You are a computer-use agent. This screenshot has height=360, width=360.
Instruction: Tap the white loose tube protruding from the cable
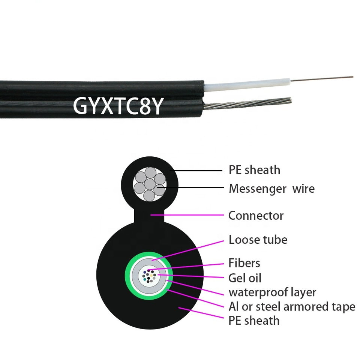click(247, 85)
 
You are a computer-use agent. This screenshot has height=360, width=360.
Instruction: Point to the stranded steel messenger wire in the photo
click(247, 104)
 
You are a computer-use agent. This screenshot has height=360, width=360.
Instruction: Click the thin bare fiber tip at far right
click(322, 78)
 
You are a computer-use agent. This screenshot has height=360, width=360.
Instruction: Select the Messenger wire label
click(271, 189)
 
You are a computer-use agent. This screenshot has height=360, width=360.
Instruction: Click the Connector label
click(256, 216)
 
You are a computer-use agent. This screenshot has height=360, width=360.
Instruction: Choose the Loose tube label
click(258, 240)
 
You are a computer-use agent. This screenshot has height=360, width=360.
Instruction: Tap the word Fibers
click(244, 263)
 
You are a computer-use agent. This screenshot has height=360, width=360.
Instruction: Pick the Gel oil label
click(245, 278)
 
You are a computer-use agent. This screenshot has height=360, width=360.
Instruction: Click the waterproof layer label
click(272, 292)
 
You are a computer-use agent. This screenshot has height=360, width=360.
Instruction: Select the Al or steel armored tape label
click(292, 307)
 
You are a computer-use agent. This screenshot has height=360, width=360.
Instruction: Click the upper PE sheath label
click(254, 170)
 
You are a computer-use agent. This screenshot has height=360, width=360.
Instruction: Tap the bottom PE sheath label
click(254, 321)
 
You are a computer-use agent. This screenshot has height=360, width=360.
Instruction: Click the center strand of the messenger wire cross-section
click(150, 184)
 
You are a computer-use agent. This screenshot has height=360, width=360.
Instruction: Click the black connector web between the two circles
click(149, 216)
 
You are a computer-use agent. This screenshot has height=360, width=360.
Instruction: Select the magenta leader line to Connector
click(187, 215)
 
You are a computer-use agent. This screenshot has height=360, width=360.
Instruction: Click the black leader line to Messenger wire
click(190, 188)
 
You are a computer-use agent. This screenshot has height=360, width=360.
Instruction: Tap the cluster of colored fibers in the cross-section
click(149, 276)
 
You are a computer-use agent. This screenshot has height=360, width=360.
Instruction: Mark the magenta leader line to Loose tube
click(187, 250)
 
